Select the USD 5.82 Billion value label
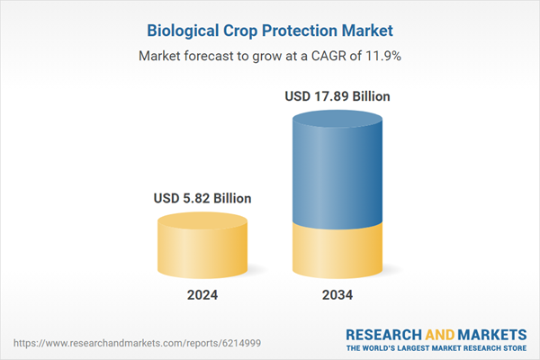coord(202,198)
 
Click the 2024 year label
coord(202,294)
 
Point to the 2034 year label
coord(337,294)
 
